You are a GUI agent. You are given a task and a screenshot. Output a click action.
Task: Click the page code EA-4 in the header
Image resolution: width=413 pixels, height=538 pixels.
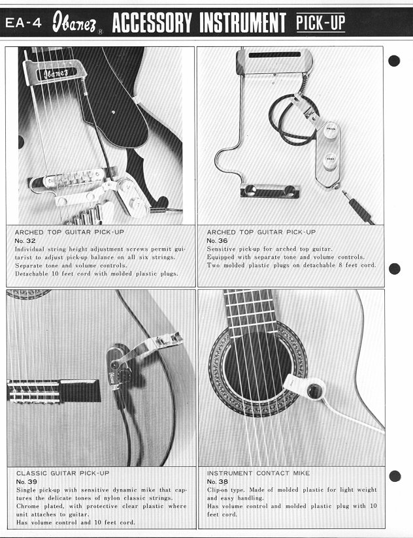24,23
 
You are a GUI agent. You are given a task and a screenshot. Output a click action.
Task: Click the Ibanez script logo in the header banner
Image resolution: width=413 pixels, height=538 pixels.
74,23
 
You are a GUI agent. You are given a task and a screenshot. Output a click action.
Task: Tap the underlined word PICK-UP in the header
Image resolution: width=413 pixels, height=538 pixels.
321,23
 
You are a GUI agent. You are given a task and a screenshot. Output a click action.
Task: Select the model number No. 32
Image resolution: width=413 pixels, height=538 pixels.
25,241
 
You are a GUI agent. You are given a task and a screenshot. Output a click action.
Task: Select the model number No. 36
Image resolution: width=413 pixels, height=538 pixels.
217,241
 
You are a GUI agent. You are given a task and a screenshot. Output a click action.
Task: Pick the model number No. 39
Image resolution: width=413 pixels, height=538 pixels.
26,482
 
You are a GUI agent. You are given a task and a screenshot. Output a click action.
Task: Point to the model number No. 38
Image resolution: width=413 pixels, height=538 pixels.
218,482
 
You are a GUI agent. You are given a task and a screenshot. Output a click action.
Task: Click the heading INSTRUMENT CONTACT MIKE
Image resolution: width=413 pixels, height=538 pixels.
258,473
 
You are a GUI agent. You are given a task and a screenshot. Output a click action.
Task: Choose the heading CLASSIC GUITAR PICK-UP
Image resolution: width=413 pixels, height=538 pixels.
63,473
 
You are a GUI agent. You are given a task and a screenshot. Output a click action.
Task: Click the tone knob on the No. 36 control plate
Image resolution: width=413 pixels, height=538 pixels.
330,159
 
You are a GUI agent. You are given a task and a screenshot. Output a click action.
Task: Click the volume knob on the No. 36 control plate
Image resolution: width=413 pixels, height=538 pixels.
331,130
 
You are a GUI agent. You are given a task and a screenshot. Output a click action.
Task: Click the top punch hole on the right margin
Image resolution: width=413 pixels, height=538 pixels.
394,61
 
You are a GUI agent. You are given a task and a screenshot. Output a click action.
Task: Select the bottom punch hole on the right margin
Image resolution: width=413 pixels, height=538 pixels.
395,476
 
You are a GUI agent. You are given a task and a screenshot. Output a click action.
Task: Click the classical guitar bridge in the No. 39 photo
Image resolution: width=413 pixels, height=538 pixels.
54,390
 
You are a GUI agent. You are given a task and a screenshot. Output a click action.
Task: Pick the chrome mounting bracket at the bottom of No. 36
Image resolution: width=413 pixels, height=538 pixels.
269,191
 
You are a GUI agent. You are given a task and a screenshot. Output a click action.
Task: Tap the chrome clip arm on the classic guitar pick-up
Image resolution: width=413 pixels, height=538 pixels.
150,347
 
